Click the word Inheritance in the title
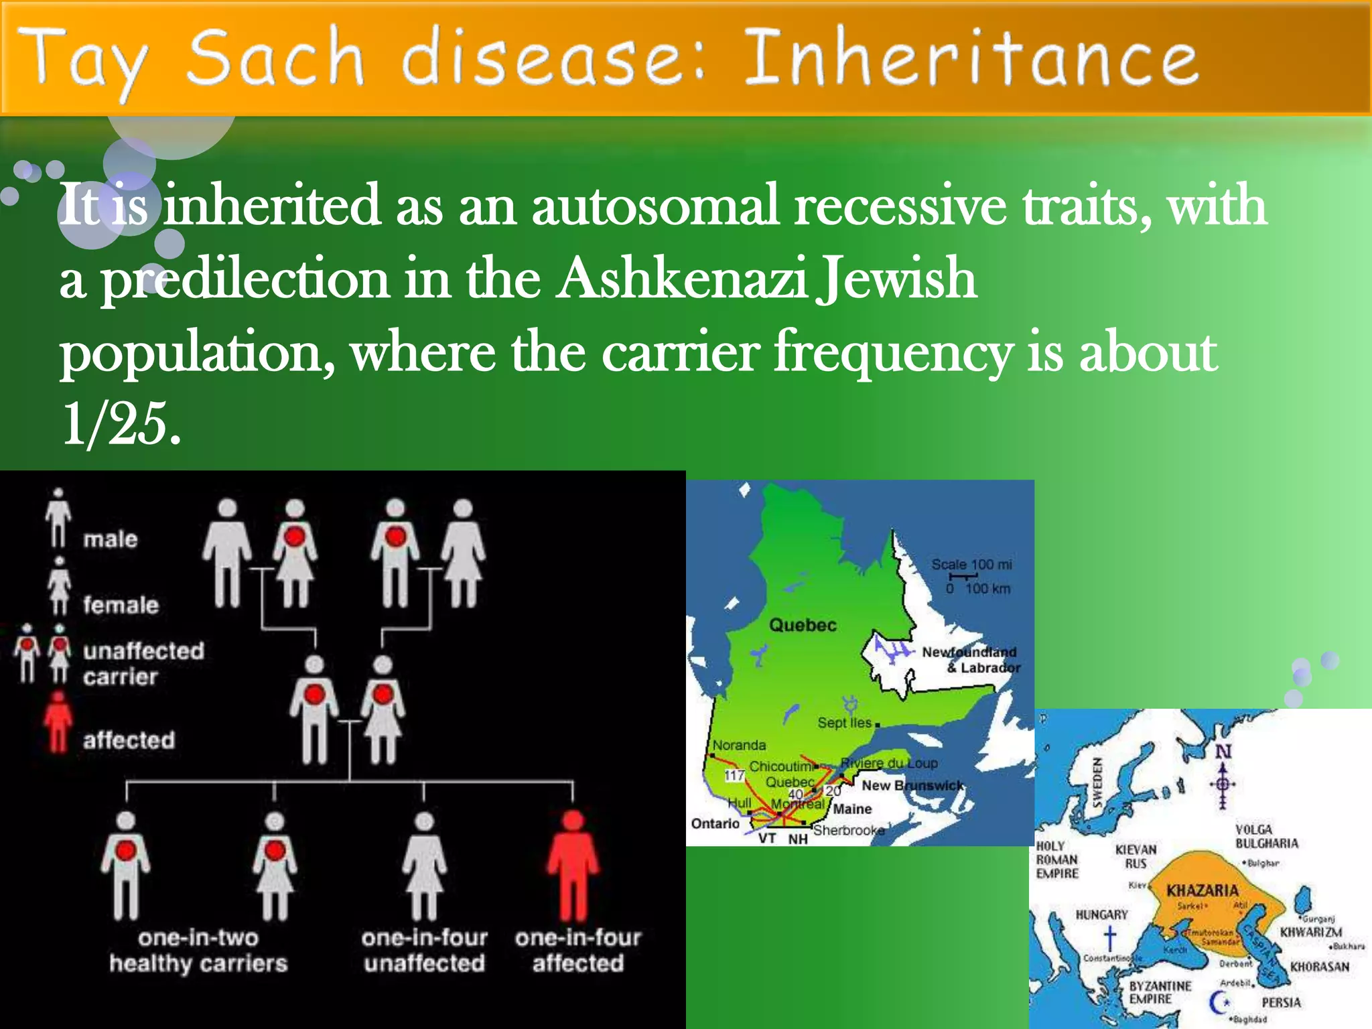point(970,59)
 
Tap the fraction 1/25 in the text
point(121,425)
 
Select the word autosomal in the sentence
point(655,206)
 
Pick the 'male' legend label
point(110,539)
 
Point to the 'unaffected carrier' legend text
point(143,663)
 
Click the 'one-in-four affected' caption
point(577,950)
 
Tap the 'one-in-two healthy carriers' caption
point(198,950)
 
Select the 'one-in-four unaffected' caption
point(424,950)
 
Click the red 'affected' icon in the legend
point(58,722)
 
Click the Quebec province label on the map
point(803,625)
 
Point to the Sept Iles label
point(844,723)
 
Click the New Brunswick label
point(912,785)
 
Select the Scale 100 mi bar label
point(971,565)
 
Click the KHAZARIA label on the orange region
point(1202,890)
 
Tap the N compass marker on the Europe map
point(1223,752)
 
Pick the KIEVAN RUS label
point(1136,857)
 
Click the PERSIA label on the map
point(1281,1002)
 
